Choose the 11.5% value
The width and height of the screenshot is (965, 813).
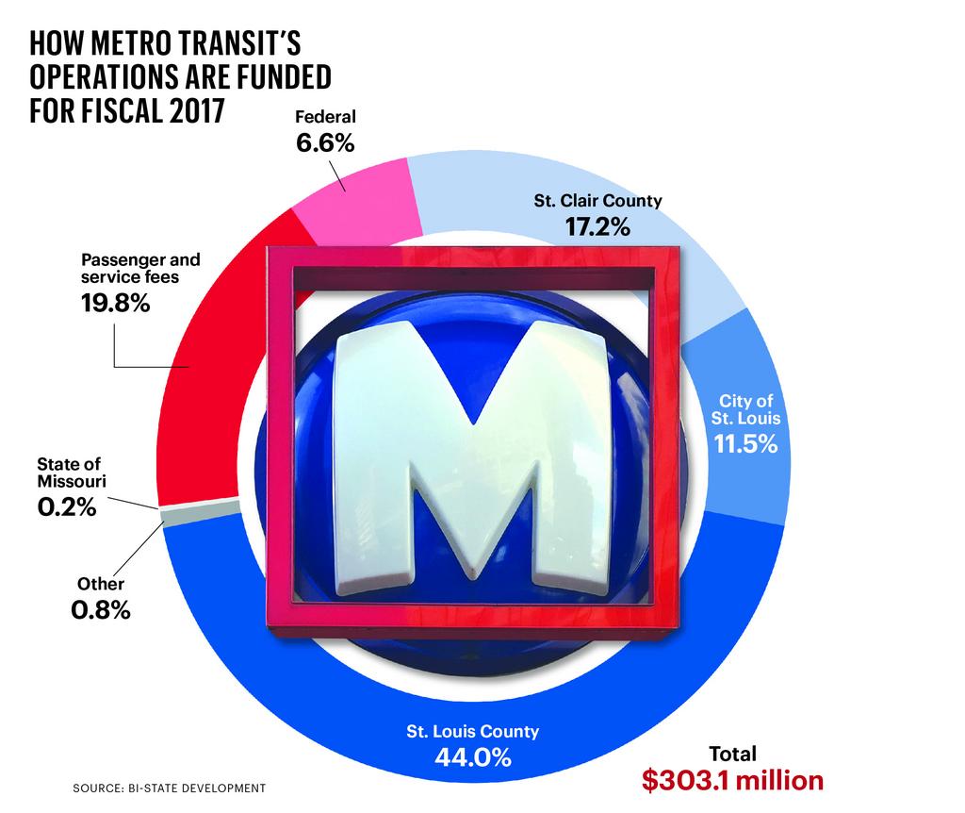point(745,443)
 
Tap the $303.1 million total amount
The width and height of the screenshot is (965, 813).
point(732,781)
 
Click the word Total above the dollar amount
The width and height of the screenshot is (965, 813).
point(732,754)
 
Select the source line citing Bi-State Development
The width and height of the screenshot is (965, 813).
point(169,787)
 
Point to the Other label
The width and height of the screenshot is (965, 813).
point(100,584)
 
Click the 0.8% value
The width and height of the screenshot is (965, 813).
point(100,610)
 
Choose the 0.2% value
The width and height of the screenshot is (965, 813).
point(67,506)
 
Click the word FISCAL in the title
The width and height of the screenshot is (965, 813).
point(116,109)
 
